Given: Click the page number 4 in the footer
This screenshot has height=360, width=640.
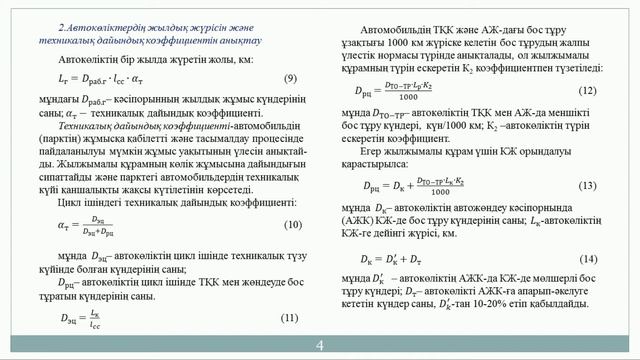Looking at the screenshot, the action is pyautogui.click(x=320, y=346).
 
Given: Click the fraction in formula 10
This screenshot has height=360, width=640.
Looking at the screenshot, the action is pyautogui.click(x=102, y=226).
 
